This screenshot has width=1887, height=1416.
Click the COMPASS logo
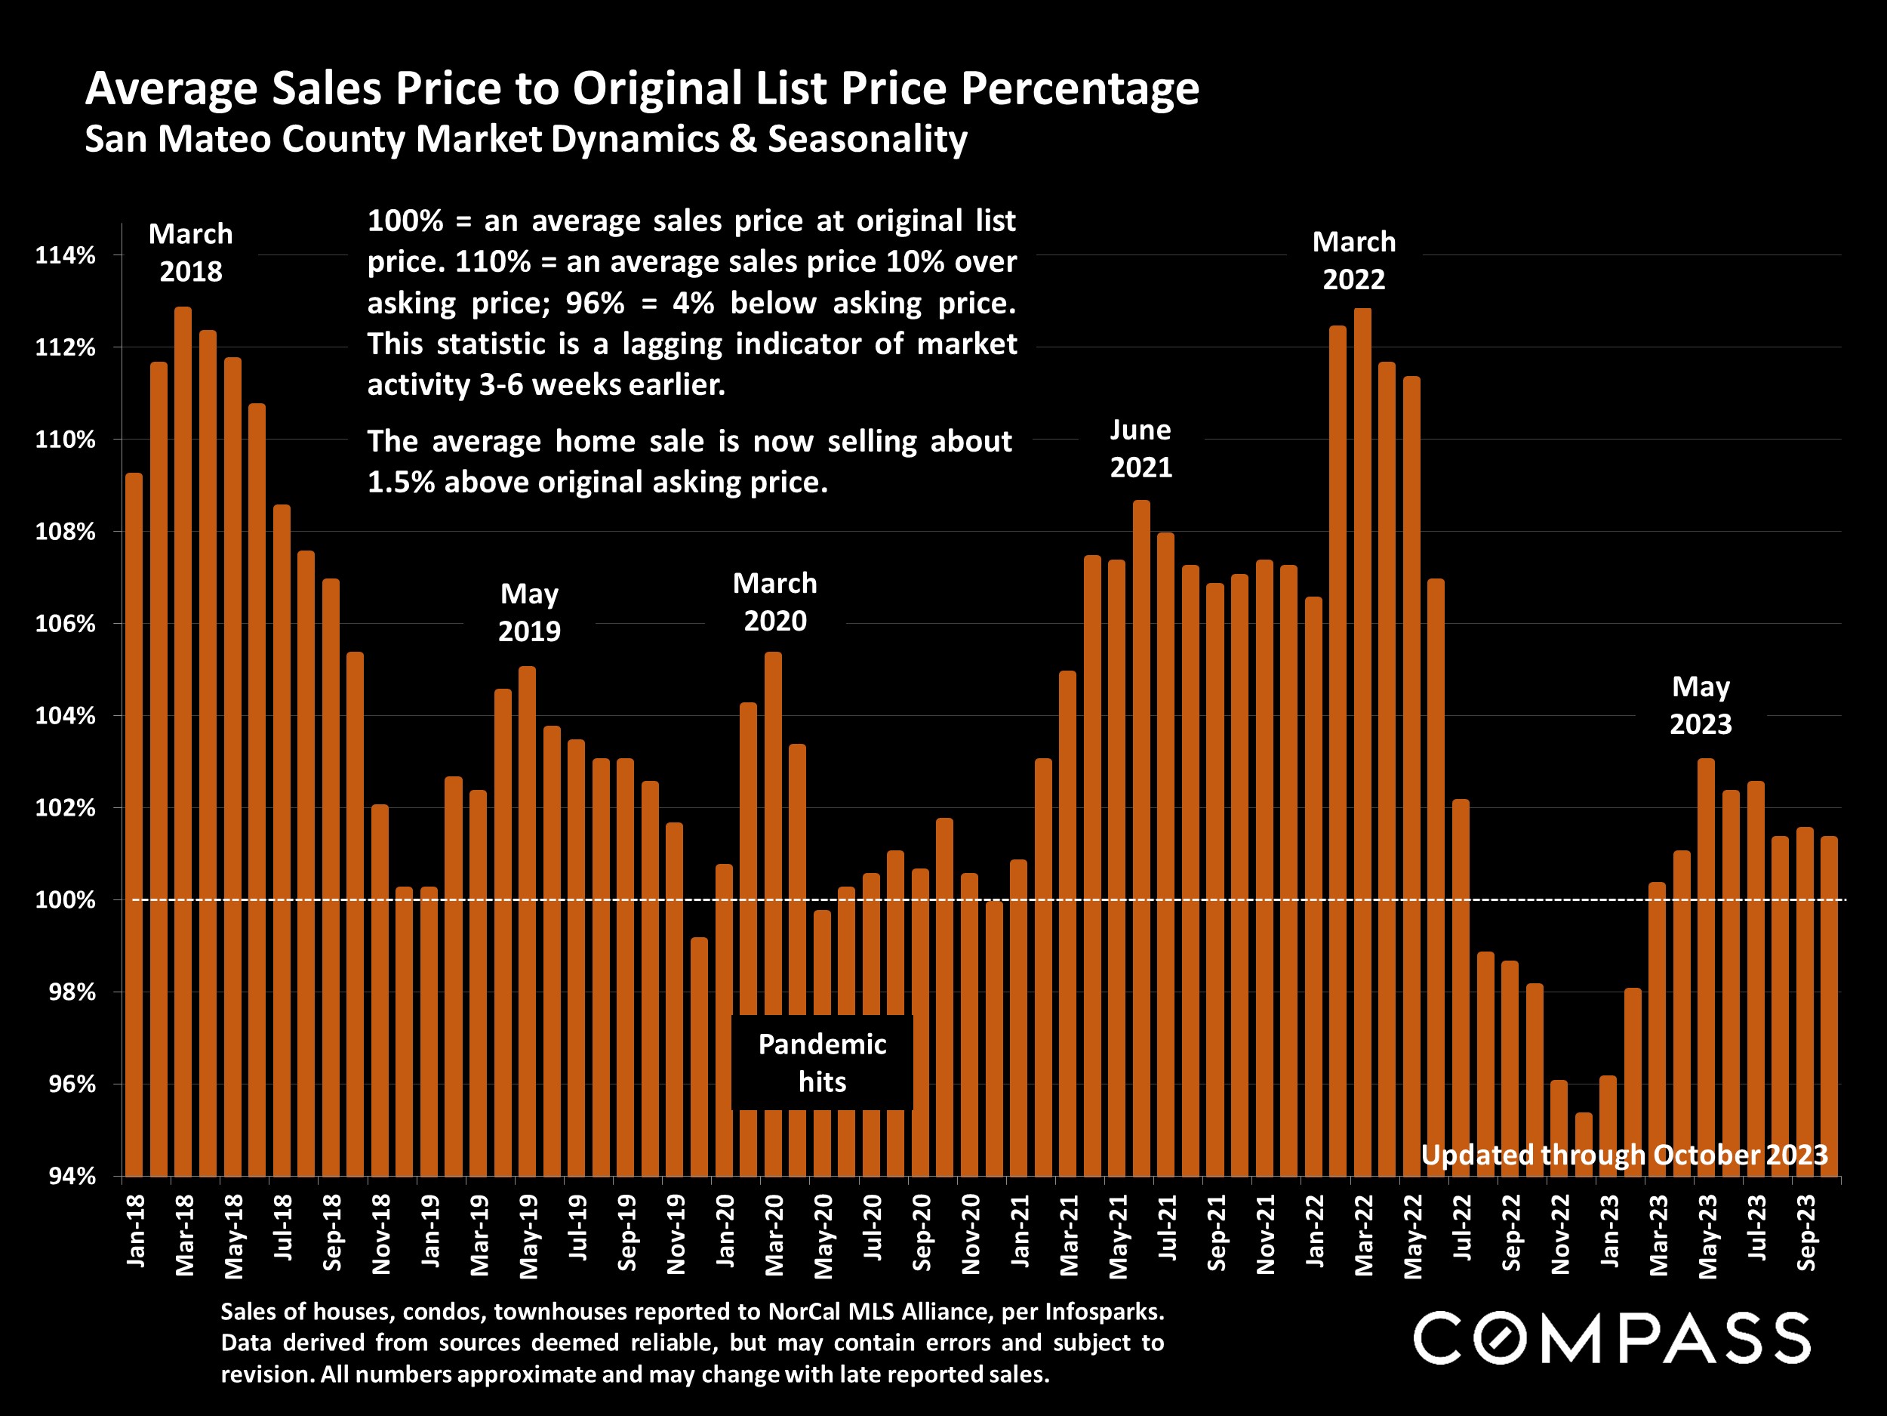click(1611, 1338)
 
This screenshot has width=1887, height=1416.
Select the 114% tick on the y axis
click(65, 255)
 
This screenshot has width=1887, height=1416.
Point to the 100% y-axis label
click(65, 900)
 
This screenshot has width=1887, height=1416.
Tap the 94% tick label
click(72, 1176)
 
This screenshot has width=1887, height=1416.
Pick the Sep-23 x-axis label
click(1805, 1232)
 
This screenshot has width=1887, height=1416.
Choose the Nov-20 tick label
click(971, 1233)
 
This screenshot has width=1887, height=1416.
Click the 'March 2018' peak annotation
click(190, 253)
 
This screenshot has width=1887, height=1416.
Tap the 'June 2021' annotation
click(1141, 449)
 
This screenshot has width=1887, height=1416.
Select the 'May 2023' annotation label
click(1700, 706)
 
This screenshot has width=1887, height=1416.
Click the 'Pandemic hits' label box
click(821, 1063)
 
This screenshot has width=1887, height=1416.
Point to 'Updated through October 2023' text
click(1624, 1155)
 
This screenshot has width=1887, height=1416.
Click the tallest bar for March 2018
click(183, 742)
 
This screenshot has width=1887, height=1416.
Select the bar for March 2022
click(1362, 742)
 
